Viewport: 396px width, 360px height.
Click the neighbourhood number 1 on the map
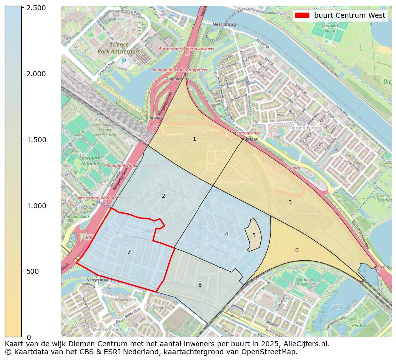click(194, 139)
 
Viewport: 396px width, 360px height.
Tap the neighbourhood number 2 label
click(163, 196)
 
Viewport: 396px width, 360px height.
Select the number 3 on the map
click(290, 202)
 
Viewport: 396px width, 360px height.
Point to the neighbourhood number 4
click(226, 234)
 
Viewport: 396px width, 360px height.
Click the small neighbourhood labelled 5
click(254, 235)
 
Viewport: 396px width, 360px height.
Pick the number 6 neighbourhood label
click(297, 250)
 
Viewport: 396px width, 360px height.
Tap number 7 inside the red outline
click(129, 252)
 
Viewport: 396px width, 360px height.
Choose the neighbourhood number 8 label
click(200, 285)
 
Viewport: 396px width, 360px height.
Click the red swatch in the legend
click(303, 16)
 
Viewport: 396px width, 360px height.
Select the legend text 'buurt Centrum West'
click(350, 16)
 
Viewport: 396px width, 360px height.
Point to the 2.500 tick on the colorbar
click(35, 8)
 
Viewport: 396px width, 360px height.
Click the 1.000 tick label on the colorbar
click(35, 205)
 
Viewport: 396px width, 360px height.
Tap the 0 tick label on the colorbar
click(28, 337)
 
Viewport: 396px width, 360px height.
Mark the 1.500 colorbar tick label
click(35, 139)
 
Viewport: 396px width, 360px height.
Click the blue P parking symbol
click(124, 61)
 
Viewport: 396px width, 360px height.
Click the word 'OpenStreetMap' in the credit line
click(272, 352)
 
